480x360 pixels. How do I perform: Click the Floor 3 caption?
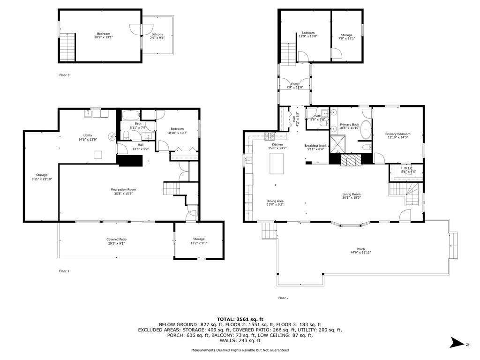tap(64, 75)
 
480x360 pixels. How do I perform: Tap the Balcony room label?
tap(157, 34)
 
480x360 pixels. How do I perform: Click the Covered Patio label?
tap(116, 240)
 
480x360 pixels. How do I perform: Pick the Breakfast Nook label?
tap(315, 146)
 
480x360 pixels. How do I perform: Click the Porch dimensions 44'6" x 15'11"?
tap(360, 252)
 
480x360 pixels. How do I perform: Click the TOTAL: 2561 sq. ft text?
tap(240, 319)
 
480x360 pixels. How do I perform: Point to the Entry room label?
tap(295, 84)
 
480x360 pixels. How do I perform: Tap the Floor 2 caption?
tap(283, 298)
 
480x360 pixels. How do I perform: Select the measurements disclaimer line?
tap(240, 350)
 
